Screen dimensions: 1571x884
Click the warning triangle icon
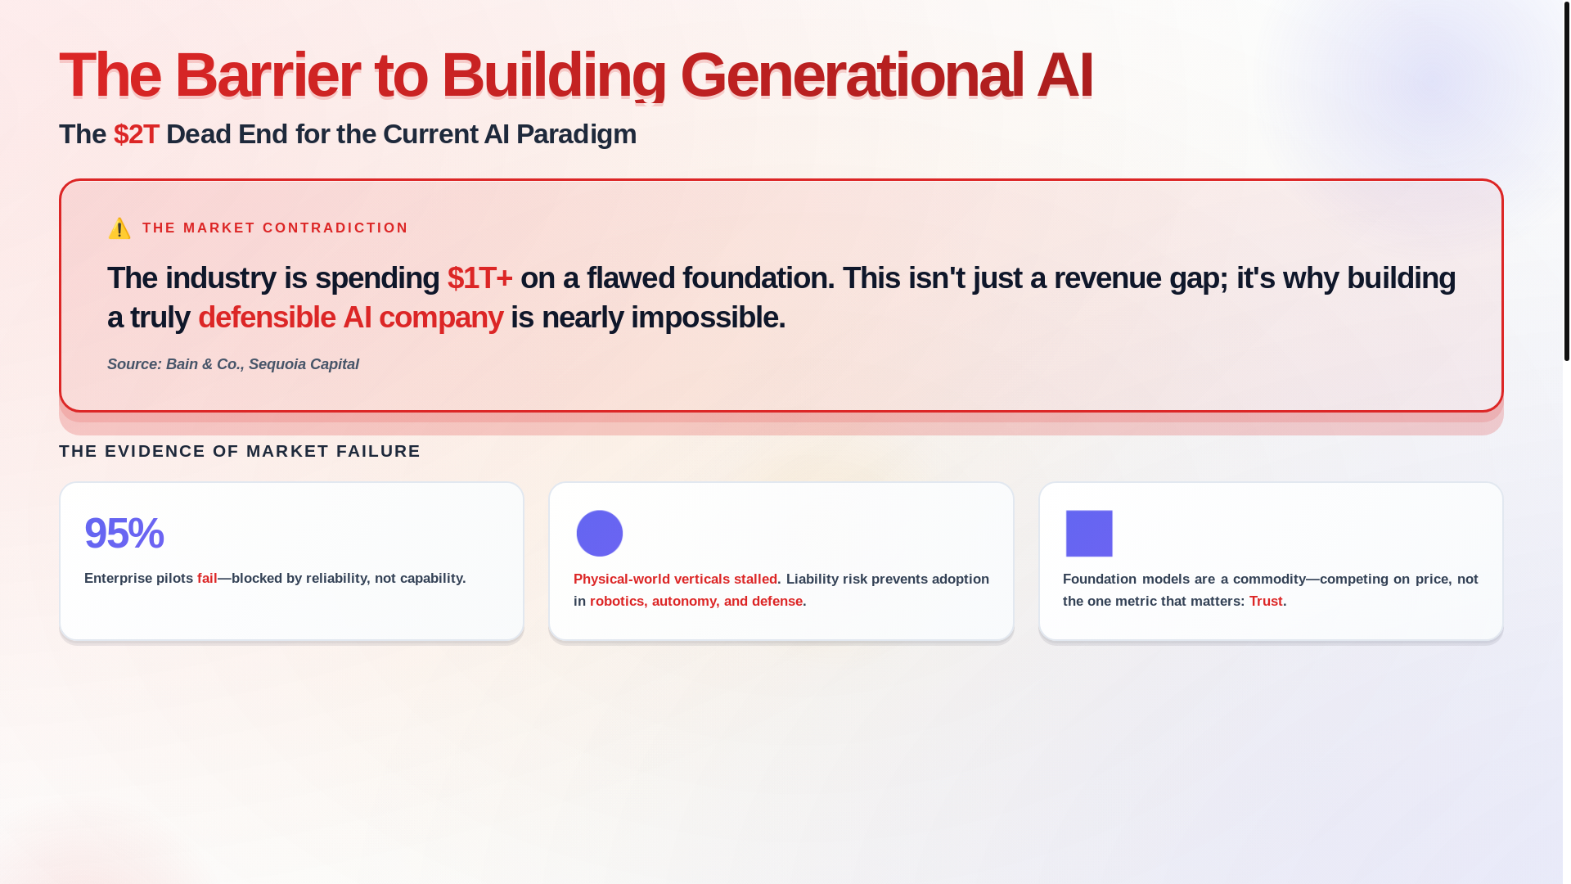tap(119, 228)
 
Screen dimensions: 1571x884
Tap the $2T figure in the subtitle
tap(137, 134)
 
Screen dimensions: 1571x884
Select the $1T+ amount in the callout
tap(480, 278)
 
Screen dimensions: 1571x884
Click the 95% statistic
tap(124, 533)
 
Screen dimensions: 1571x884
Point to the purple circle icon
tap(600, 534)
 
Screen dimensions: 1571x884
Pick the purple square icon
tap(1089, 534)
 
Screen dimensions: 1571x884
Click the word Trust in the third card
tap(1266, 602)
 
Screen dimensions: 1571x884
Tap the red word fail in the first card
tap(207, 579)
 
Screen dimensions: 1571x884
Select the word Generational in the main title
tap(852, 75)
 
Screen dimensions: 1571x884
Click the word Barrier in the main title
tap(267, 75)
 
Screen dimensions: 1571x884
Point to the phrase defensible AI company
tap(350, 318)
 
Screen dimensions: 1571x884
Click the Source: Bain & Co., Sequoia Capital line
tap(233, 364)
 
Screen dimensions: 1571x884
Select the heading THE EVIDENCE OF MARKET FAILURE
tap(240, 451)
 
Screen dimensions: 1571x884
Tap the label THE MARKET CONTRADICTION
tap(275, 228)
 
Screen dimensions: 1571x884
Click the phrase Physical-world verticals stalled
tap(675, 580)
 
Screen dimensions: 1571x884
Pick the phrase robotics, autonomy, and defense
tap(696, 602)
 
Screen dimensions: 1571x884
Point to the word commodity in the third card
tap(1269, 580)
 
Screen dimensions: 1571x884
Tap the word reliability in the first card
tap(336, 579)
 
